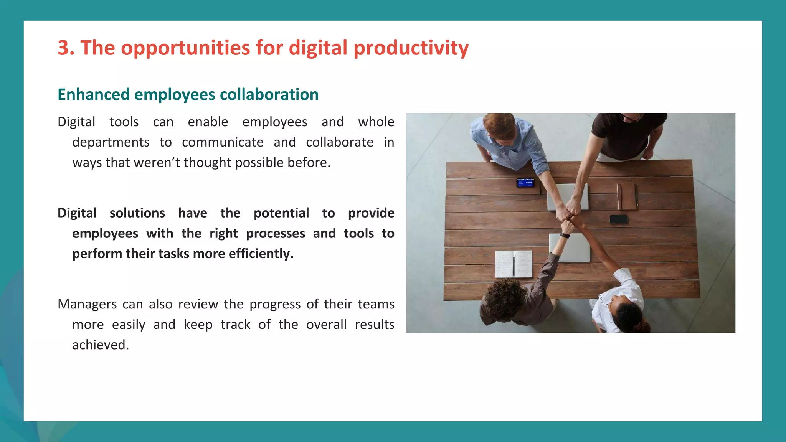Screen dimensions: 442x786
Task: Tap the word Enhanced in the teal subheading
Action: point(93,95)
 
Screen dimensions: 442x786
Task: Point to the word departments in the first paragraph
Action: point(111,142)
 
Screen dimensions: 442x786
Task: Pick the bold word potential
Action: point(281,213)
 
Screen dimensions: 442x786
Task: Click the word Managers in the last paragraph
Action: point(87,304)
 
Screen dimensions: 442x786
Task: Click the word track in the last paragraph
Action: point(235,325)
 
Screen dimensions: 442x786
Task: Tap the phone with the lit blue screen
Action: point(525,183)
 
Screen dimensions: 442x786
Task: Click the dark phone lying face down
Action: point(618,219)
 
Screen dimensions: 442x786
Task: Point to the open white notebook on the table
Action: point(514,264)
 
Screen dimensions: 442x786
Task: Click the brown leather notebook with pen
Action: point(627,196)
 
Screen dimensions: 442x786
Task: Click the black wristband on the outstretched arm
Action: point(564,235)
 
